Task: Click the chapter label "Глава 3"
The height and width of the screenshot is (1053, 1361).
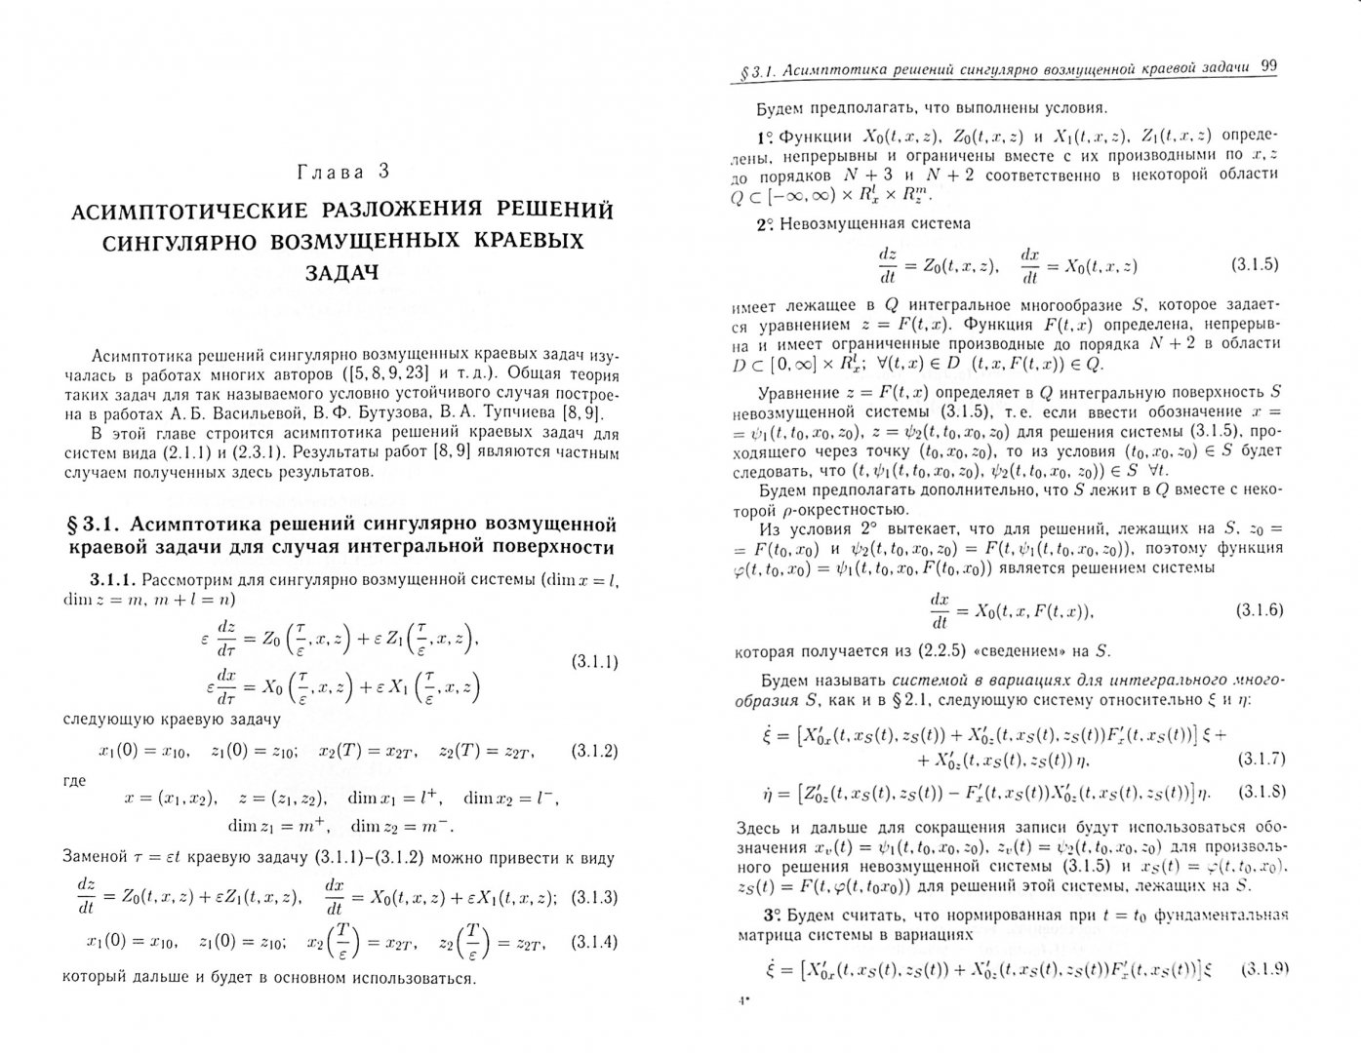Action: click(342, 172)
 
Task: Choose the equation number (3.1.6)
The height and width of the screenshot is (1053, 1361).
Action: click(1260, 610)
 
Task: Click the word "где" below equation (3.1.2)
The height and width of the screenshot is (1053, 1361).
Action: click(74, 780)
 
